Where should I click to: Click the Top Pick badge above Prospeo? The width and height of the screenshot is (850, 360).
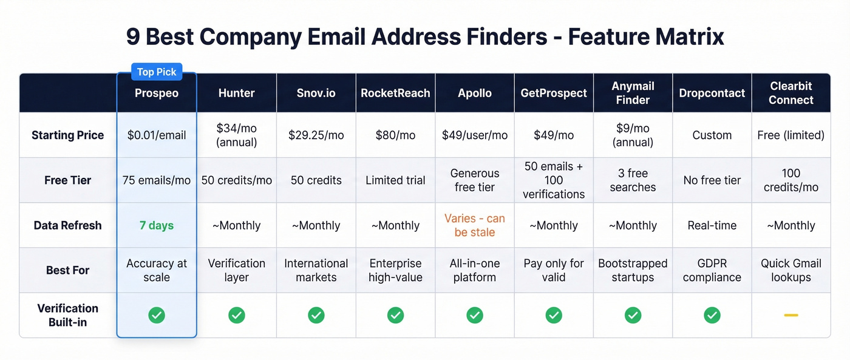[157, 72]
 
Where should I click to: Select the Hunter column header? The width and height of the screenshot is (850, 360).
[236, 93]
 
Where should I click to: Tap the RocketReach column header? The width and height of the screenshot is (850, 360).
[395, 93]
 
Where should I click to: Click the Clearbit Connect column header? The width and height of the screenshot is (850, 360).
[790, 93]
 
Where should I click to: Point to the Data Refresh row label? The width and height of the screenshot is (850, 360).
[67, 225]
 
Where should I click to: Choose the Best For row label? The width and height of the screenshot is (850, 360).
[67, 270]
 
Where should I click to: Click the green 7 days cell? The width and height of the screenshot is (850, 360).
[157, 225]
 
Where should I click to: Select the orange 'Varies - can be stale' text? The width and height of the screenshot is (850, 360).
[474, 225]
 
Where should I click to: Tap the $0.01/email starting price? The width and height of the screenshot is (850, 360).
[157, 135]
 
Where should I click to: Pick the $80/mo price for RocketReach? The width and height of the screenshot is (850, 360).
[395, 135]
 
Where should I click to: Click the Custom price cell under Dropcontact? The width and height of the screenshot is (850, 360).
[712, 135]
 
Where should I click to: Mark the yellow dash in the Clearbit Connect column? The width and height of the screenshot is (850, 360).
[790, 315]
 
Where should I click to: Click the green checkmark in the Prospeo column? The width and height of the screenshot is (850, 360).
[157, 315]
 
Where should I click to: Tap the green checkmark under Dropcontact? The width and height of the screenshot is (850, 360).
[712, 315]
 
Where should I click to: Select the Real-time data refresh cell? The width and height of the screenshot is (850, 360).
[712, 225]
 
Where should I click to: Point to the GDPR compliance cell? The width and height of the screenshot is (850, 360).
[712, 270]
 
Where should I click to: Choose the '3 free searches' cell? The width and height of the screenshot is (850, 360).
[633, 180]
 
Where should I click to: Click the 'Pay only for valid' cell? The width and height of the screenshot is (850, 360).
[553, 270]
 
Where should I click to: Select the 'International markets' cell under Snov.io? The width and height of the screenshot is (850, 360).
[316, 270]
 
